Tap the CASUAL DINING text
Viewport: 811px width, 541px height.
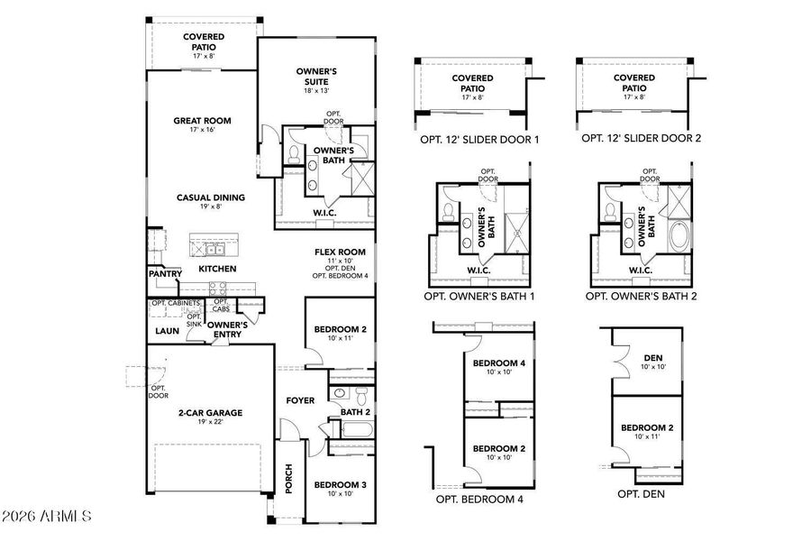[210, 197]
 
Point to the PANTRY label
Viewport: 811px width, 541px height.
[166, 273]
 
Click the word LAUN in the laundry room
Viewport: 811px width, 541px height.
[167, 331]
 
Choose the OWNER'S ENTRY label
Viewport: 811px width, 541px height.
[229, 330]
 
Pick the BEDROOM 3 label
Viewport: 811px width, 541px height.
[340, 485]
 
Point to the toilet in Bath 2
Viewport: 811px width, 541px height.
[360, 394]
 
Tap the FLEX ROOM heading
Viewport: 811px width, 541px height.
[340, 252]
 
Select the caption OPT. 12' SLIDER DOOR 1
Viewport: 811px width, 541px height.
[472, 139]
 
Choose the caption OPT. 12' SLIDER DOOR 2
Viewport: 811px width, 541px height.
[641, 139]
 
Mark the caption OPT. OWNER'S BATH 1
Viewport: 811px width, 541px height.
[479, 296]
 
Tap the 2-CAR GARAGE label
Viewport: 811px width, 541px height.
[210, 413]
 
